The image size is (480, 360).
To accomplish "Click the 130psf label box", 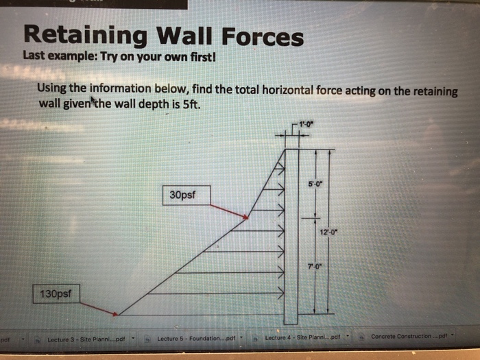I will (x=56, y=294).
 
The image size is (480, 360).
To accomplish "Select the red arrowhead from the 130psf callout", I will (x=116, y=314).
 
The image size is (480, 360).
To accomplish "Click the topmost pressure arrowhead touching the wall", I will (x=280, y=168).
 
